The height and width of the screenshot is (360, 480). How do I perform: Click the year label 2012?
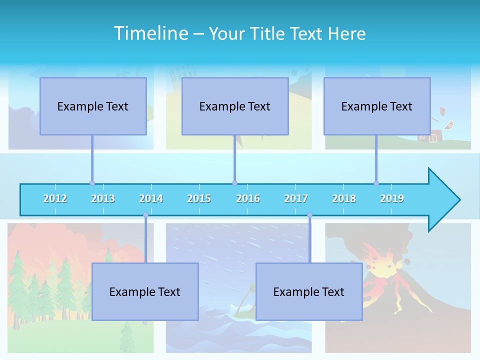(x=55, y=198)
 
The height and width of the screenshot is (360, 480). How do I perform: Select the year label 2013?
(x=103, y=198)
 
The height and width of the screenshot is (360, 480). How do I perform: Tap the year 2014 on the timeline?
(x=151, y=198)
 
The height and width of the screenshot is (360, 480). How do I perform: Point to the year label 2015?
(x=199, y=198)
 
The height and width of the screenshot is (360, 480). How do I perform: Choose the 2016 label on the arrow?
(x=248, y=198)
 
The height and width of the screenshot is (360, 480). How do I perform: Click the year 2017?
(x=296, y=198)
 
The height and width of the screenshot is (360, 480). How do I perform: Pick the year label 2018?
(x=344, y=198)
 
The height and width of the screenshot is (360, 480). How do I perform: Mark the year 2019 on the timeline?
(x=392, y=198)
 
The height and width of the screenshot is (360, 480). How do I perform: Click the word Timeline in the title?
(x=150, y=33)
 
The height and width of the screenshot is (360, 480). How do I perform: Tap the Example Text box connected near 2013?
(x=93, y=106)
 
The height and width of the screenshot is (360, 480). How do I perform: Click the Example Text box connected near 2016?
(x=235, y=106)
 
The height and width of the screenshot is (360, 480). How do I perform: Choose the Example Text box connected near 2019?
(x=377, y=106)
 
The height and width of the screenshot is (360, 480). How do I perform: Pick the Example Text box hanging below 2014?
(x=145, y=291)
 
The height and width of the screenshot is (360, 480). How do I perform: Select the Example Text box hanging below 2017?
(x=309, y=291)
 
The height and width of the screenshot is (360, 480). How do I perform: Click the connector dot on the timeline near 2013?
(x=92, y=183)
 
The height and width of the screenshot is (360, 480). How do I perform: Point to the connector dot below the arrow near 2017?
(x=309, y=215)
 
